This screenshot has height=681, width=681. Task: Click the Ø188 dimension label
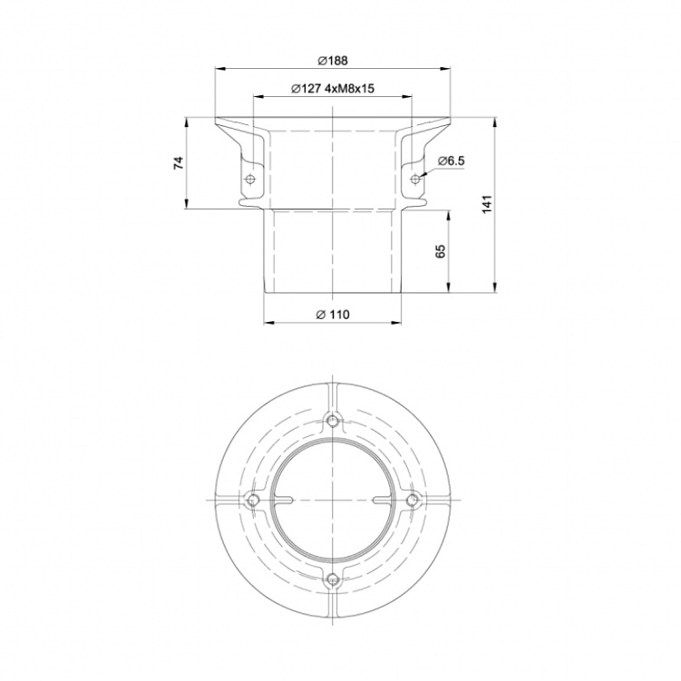pyautogui.click(x=333, y=61)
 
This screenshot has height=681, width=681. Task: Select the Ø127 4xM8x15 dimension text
pyautogui.click(x=333, y=89)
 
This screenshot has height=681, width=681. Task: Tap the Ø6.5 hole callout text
pyautogui.click(x=451, y=161)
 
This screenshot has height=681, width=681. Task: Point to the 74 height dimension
pyautogui.click(x=179, y=163)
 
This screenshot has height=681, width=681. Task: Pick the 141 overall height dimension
pyautogui.click(x=487, y=204)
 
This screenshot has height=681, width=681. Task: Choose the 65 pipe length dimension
pyautogui.click(x=441, y=251)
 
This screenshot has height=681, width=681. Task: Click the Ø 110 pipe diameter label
pyautogui.click(x=333, y=315)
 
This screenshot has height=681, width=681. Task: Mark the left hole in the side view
pyautogui.click(x=250, y=179)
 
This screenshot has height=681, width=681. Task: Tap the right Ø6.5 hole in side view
pyautogui.click(x=415, y=179)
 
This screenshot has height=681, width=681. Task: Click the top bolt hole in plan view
pyautogui.click(x=333, y=421)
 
